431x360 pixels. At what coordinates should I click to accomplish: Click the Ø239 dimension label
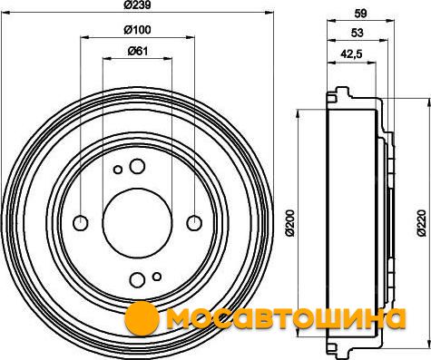[x=137, y=5]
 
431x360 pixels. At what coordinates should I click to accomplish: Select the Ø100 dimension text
[x=137, y=30]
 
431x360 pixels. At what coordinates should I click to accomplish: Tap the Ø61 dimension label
[x=138, y=51]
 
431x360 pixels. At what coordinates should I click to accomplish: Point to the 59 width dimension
[x=360, y=14]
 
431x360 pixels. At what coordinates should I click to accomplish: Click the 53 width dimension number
[x=358, y=33]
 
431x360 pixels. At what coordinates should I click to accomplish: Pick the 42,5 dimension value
[x=351, y=54]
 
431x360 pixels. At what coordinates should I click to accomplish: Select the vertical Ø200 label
[x=290, y=222]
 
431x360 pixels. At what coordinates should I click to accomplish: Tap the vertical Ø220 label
[x=421, y=223]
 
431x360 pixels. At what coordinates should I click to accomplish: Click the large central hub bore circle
[x=137, y=222]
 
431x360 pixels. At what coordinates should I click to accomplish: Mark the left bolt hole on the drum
[x=81, y=223]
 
